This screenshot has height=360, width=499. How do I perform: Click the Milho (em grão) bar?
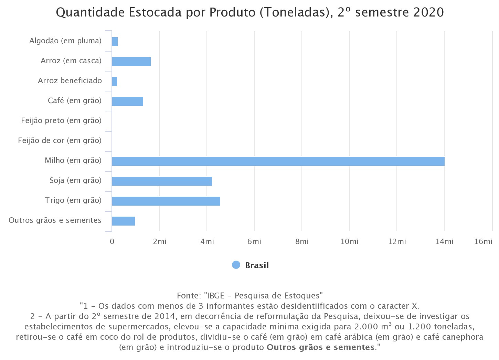coord(278,161)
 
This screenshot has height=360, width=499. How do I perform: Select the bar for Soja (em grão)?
coord(162,181)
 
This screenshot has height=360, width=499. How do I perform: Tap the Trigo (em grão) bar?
coord(166,201)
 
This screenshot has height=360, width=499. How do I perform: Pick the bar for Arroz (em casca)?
coord(131,61)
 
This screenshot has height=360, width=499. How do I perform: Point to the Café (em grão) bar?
coord(127,101)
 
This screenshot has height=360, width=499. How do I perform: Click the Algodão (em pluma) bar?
coord(115,41)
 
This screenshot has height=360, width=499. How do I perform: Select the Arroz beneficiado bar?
coord(115,81)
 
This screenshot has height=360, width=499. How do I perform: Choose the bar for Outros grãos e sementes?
coord(123,221)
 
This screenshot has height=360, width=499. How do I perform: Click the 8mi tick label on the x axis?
coord(302,242)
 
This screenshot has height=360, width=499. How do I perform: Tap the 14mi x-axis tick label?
coord(444,242)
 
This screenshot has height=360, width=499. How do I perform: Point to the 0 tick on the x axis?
coord(112,242)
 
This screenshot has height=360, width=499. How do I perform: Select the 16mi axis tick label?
coord(483,242)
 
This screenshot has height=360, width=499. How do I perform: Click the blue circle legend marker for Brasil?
coord(236,265)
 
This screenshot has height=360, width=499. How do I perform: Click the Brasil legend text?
coord(257,265)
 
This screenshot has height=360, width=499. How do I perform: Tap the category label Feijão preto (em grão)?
coord(61,121)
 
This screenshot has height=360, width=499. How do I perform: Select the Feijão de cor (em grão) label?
coord(60,141)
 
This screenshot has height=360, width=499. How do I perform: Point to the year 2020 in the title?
coord(428,12)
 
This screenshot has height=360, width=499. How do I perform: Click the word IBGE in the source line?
coord(215,296)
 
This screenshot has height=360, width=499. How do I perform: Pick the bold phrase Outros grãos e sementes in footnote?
coord(320,347)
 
